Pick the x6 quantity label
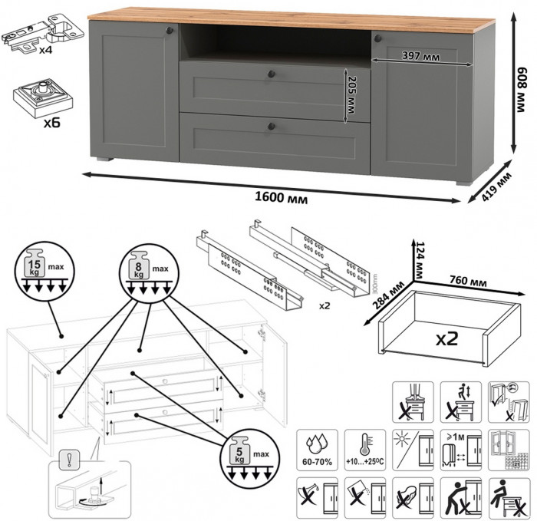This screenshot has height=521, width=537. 31,122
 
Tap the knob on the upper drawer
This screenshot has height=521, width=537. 272,73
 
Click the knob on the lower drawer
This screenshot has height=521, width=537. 271,124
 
